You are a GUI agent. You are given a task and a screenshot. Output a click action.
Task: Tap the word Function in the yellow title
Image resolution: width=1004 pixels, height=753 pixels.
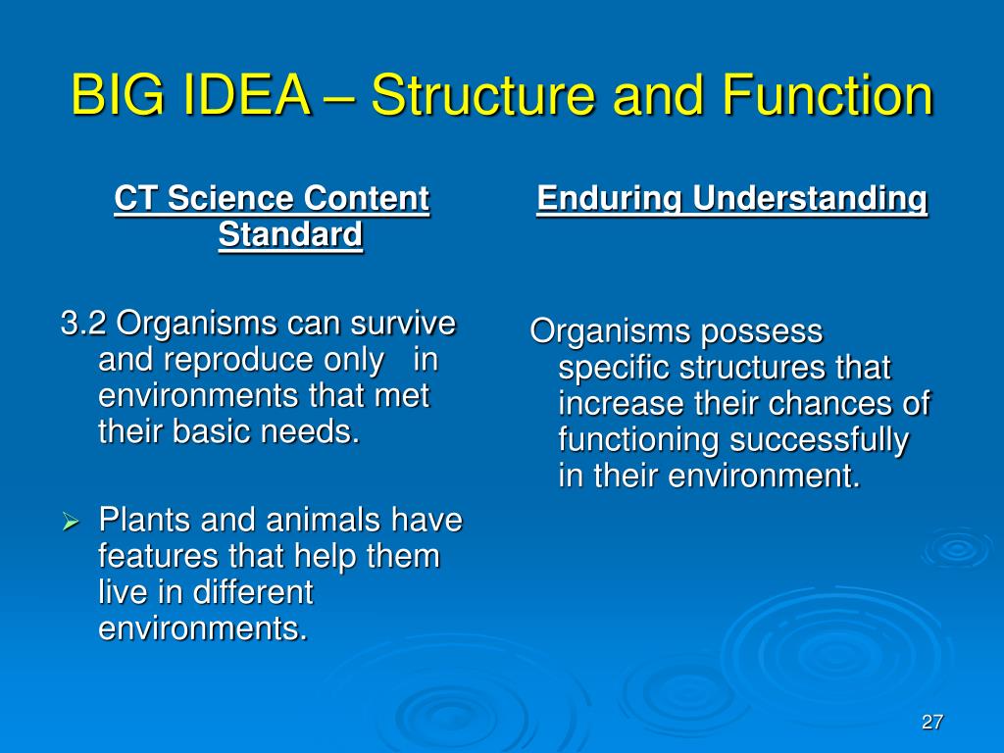pos(828,95)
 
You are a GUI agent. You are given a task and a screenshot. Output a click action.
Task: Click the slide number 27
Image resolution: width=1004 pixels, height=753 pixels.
pos(932,722)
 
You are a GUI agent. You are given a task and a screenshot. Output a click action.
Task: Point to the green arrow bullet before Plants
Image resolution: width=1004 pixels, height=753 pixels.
pos(71,522)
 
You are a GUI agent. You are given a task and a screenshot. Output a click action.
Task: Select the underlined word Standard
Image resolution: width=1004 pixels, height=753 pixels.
pos(290,234)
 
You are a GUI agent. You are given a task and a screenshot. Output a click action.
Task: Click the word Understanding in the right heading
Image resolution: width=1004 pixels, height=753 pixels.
pos(810,198)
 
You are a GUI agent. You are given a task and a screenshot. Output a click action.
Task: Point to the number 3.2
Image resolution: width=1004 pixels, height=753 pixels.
pos(83,323)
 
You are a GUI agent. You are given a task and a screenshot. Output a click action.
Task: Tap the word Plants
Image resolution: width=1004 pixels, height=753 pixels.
pos(145,520)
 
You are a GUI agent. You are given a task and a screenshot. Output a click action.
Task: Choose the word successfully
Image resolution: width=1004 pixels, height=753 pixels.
pos(819,441)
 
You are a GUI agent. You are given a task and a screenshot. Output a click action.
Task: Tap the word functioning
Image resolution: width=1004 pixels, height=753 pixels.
pos(638,441)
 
